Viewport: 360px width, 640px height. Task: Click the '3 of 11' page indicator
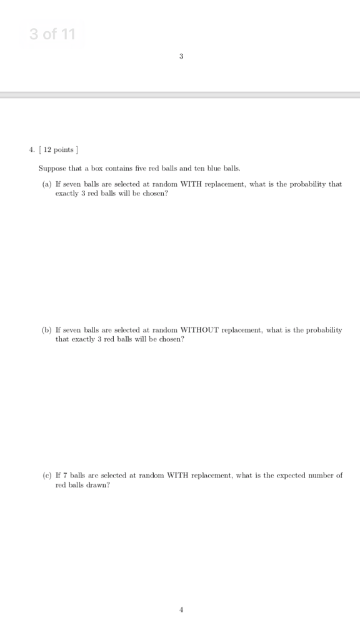52,34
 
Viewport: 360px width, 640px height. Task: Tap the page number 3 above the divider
181,57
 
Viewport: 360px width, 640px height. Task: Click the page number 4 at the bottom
181,610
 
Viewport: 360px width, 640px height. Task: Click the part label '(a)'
46,184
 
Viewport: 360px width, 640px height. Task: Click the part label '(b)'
46,329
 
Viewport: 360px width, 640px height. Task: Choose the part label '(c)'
46,475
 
